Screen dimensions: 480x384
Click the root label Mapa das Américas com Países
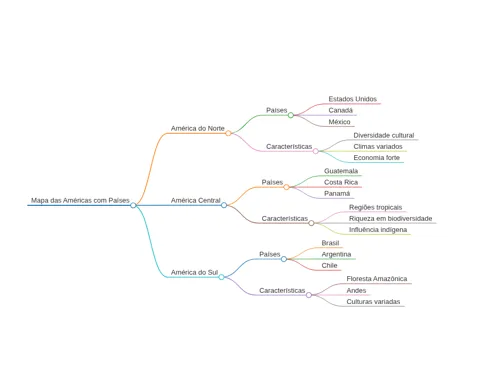pos(80,200)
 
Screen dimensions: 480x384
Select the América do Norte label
pos(198,128)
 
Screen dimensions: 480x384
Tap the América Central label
pos(196,200)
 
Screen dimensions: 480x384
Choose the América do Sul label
pos(194,272)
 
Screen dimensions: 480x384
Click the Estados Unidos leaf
pos(353,99)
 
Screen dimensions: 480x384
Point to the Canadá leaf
pos(340,110)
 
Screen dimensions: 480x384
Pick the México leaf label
pos(339,122)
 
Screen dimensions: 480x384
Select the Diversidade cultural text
pos(384,135)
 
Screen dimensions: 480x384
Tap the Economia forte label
pos(377,158)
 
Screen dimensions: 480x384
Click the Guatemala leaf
pos(341,171)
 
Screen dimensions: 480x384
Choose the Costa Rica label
pos(341,182)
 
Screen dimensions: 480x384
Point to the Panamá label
pos(337,194)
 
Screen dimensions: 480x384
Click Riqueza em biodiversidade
pos(391,219)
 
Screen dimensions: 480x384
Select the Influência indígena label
pos(378,230)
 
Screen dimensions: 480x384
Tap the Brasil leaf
pos(330,243)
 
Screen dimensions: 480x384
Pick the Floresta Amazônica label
pos(377,279)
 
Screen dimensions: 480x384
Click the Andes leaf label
pos(356,290)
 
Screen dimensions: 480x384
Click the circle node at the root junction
pos(133,205)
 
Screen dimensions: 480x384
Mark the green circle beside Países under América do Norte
pos(291,115)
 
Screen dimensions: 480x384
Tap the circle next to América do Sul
pos(221,277)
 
